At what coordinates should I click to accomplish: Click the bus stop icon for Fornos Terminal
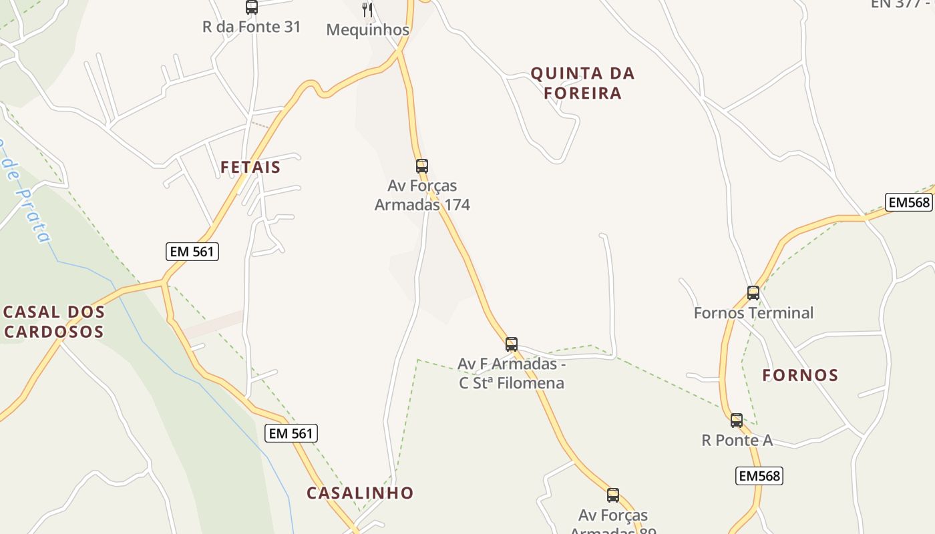pos(753,292)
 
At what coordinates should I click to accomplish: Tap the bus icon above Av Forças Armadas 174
pos(421,166)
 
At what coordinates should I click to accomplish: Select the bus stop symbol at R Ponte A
pos(736,420)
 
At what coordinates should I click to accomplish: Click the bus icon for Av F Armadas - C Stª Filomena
pos(511,344)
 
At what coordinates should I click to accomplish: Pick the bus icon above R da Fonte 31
pos(251,7)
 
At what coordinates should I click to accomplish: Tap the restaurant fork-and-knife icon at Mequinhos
pos(367,9)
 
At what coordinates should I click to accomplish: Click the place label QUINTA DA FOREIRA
pos(582,83)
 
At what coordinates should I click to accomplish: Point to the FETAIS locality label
pos(250,167)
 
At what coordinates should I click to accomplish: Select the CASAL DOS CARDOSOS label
pos(53,322)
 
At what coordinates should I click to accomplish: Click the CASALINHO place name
pos(360,493)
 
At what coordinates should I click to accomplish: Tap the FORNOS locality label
pos(800,375)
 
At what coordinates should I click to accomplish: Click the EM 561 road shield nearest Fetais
pos(192,251)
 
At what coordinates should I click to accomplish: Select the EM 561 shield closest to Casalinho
pos(291,433)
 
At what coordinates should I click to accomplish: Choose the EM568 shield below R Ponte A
pos(759,476)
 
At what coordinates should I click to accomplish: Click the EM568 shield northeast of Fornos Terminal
pos(908,202)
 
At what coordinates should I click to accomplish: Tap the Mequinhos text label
pos(367,30)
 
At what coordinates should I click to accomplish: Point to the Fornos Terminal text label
pos(753,312)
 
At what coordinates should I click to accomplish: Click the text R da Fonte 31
pos(251,27)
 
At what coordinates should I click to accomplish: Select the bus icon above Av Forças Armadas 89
pos(612,495)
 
